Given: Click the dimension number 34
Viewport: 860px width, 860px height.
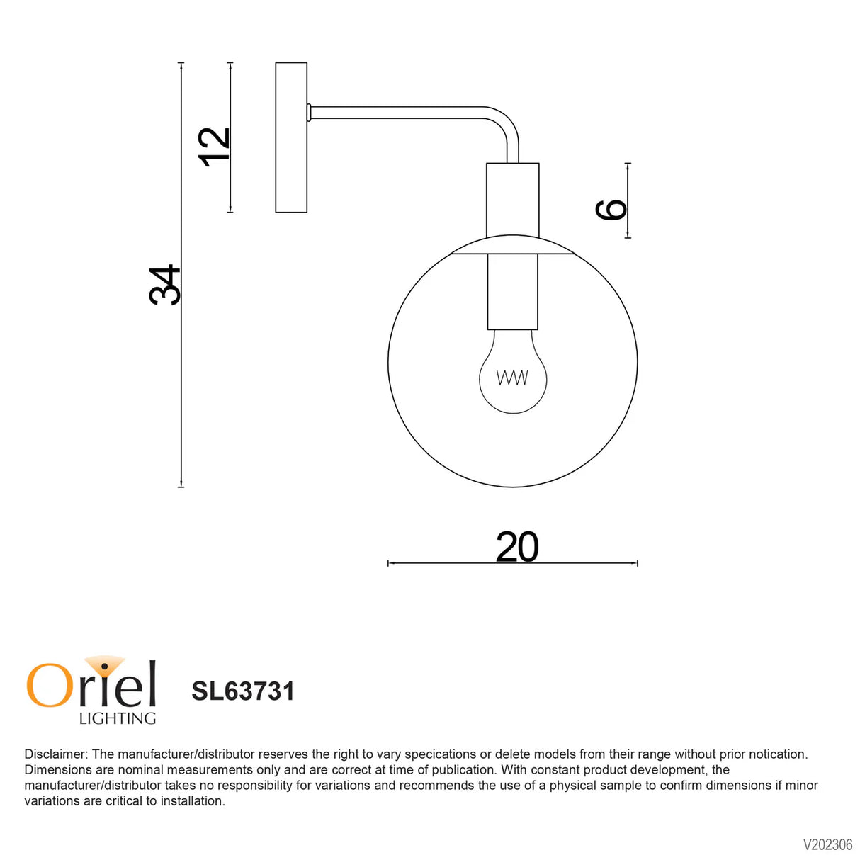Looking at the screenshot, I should coord(165,285).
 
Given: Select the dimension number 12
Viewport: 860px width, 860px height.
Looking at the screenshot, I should coord(214,147).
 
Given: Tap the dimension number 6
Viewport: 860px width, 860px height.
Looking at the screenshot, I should coord(611,210).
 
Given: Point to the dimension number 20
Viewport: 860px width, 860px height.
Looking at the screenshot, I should coord(517,547).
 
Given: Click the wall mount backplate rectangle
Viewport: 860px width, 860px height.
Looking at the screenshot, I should coord(291,137).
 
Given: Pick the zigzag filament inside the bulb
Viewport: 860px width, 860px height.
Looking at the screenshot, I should coord(512,378).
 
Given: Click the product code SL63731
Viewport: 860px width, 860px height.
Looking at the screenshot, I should coord(243,691).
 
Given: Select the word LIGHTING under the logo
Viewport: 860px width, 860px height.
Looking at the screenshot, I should coord(118,718).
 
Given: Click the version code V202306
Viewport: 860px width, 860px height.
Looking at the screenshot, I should coord(827,844).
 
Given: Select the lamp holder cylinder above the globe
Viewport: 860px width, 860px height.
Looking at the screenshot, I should coord(513,200).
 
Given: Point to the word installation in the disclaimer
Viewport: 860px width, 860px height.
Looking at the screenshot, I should coord(192,801).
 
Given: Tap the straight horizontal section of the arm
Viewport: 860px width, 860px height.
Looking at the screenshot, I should coord(397,112).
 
